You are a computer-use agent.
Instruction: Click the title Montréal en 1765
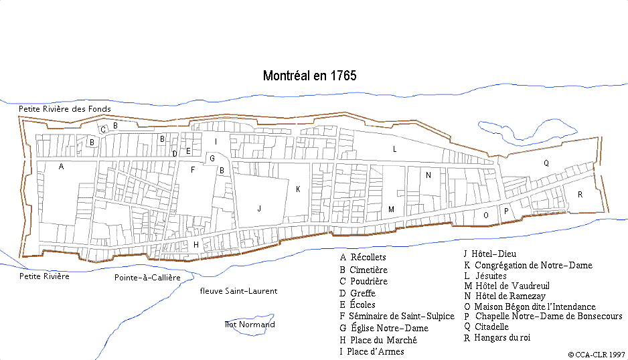coord(309,76)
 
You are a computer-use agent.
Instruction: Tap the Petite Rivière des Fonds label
coord(64,108)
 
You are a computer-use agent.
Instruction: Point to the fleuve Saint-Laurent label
coord(238,291)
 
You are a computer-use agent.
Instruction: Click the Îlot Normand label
coord(250,325)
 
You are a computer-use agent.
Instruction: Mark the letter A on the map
coord(61,167)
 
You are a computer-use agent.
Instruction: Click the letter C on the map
coord(103,130)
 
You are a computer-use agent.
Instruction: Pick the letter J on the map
coord(258,209)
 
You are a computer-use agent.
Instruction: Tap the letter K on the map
coord(298,189)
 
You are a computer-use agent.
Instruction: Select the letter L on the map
coord(395,149)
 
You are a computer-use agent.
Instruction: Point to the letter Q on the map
coord(546,163)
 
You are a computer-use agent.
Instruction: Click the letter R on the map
coord(580,195)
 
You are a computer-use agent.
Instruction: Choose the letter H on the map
coord(196,245)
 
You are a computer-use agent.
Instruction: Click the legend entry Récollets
coord(368,257)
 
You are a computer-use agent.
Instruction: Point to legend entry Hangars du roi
coord(502,337)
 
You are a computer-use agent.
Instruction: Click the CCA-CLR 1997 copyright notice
coord(596,354)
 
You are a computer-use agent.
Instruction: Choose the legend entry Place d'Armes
coord(376,351)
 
